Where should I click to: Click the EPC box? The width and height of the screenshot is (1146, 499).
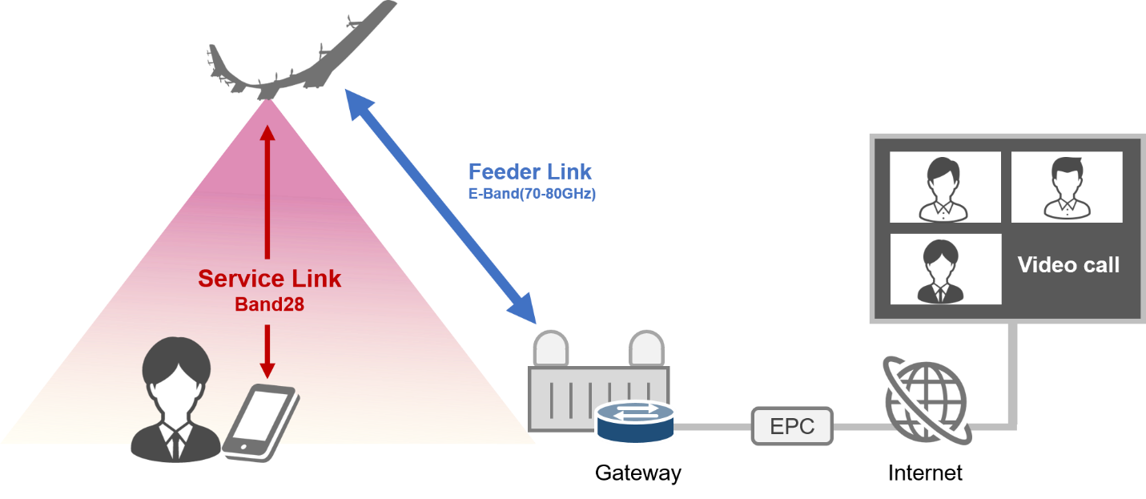792,426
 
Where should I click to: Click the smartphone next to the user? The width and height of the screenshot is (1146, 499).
260,421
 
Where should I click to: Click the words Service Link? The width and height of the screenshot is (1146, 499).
269,279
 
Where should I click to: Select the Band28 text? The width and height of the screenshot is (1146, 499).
269,305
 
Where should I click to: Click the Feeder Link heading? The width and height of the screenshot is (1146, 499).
530,171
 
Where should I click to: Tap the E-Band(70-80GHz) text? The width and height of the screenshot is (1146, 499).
532,194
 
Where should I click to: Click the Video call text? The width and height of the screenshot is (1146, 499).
1068,265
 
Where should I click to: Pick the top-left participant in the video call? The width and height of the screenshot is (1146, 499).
945,187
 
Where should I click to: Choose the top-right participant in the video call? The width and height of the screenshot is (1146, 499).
1066,187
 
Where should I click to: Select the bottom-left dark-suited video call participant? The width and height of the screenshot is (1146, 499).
945,269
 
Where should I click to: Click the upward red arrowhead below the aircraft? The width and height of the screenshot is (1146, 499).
267,132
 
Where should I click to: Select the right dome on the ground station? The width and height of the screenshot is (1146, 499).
646,348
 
